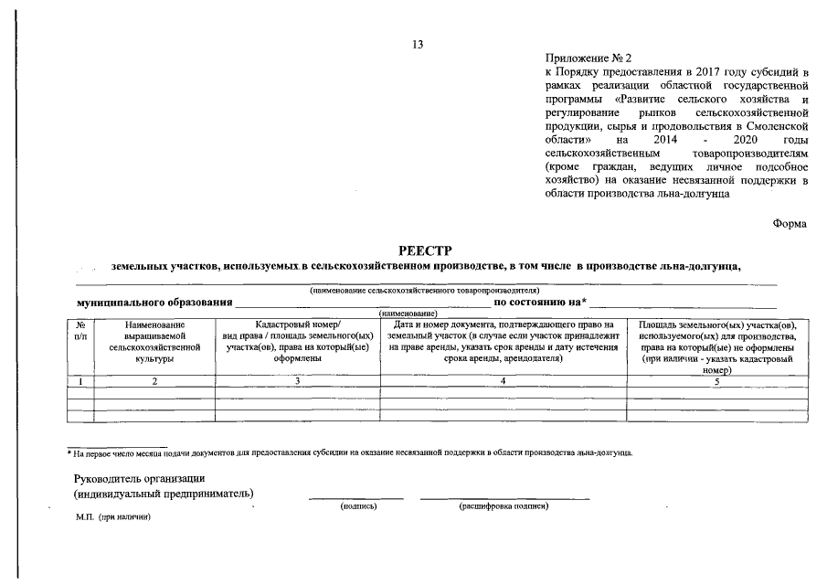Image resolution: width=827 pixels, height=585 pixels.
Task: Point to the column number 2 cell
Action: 154,381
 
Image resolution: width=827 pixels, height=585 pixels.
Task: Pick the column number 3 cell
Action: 297,381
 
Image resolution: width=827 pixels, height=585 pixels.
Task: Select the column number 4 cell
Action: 504,381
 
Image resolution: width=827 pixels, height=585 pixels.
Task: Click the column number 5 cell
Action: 717,381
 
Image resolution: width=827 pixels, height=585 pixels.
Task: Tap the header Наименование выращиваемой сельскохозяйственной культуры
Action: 154,342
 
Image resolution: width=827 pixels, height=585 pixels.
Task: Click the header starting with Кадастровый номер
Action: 297,342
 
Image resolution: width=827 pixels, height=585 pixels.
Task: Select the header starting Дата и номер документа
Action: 504,342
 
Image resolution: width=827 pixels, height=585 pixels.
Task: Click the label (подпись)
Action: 357,505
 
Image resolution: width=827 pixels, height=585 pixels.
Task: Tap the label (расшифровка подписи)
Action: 503,505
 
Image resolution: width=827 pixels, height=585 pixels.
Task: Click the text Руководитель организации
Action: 140,479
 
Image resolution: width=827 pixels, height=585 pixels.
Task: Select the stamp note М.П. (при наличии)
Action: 112,516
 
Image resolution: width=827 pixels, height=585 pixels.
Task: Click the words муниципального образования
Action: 154,302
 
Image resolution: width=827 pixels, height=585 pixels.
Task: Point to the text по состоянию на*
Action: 540,302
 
